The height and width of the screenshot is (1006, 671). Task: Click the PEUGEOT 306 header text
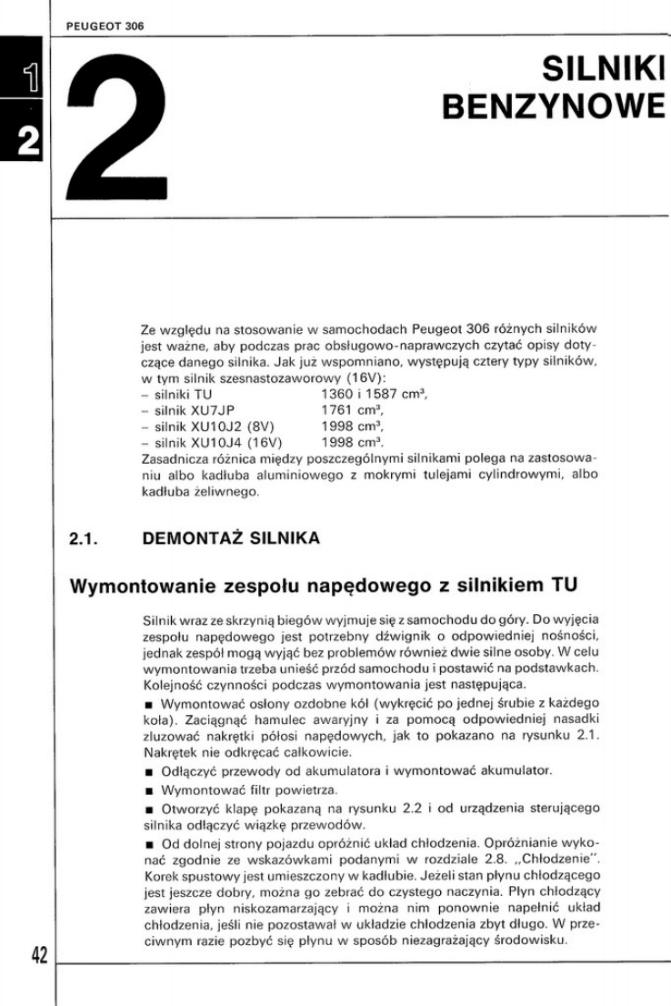pyautogui.click(x=105, y=26)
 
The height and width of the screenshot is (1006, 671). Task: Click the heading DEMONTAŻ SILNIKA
pyautogui.click(x=232, y=538)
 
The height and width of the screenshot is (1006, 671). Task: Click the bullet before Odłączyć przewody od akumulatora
pyautogui.click(x=147, y=771)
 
